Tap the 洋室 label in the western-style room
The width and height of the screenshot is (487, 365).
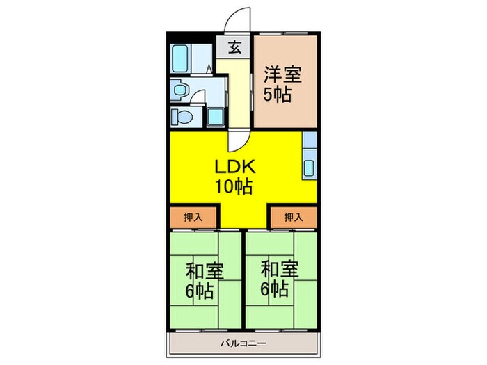(282, 74)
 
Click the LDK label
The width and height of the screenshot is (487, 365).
(235, 166)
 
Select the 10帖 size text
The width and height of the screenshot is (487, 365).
(234, 186)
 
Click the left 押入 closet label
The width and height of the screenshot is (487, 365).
(193, 217)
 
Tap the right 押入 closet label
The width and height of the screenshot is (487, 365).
(294, 217)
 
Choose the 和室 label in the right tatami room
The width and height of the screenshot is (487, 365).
(280, 269)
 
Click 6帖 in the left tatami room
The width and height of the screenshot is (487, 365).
(200, 291)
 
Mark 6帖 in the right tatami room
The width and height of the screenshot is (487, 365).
(275, 289)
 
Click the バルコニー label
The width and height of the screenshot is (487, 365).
(243, 343)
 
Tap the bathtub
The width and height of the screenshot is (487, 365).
(180, 58)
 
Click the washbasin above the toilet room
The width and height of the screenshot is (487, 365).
(179, 90)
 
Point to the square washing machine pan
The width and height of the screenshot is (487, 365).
(216, 117)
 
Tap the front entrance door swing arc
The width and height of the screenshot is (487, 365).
(237, 19)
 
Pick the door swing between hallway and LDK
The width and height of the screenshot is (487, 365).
(239, 141)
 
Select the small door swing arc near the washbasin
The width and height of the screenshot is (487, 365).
(198, 97)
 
